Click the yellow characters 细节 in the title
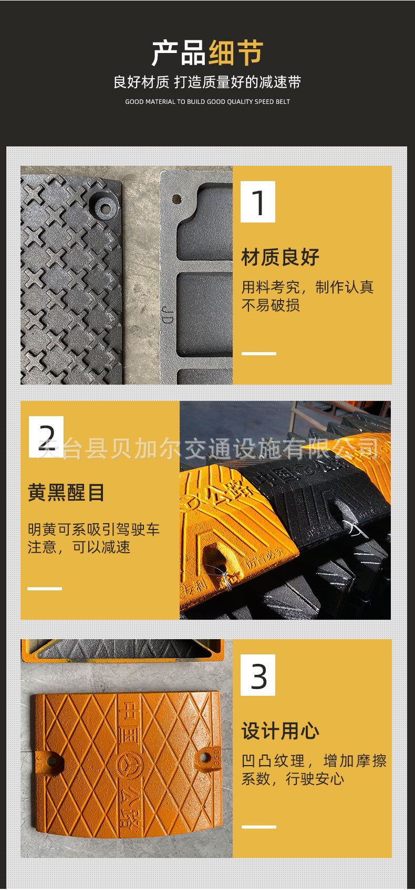[236, 52]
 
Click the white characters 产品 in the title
[179, 52]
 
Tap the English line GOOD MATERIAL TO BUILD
[207, 102]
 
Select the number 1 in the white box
[258, 202]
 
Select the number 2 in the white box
[46, 437]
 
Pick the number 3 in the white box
[258, 675]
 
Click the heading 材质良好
[281, 258]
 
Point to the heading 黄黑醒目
[66, 493]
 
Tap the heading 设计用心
[281, 731]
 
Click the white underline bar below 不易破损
[259, 354]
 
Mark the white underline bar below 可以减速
[45, 589]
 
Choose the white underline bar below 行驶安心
[259, 827]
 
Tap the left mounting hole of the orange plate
[51, 760]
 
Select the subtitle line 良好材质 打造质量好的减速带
[207, 82]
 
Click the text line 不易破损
[271, 305]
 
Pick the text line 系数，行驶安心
[293, 779]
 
